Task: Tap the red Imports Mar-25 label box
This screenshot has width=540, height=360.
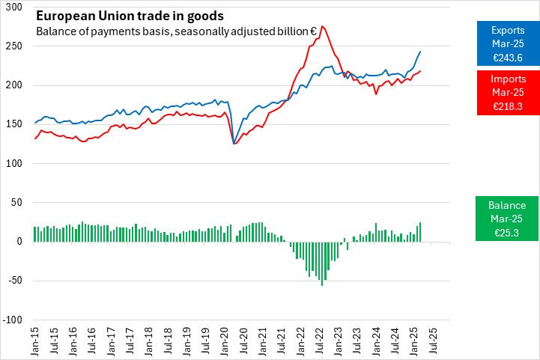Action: tap(508, 93)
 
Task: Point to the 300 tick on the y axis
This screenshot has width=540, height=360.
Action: tap(14, 7)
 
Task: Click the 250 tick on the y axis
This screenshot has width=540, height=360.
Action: tap(14, 46)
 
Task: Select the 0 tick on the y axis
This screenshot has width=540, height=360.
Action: tap(20, 241)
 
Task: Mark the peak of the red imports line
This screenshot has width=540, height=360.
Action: tap(322, 26)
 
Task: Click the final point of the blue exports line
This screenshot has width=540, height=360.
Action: tap(420, 52)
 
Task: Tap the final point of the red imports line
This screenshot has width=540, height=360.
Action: tap(420, 71)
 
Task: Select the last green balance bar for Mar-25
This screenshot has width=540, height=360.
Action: tap(420, 231)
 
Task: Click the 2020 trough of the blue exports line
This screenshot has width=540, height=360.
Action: tap(234, 143)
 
